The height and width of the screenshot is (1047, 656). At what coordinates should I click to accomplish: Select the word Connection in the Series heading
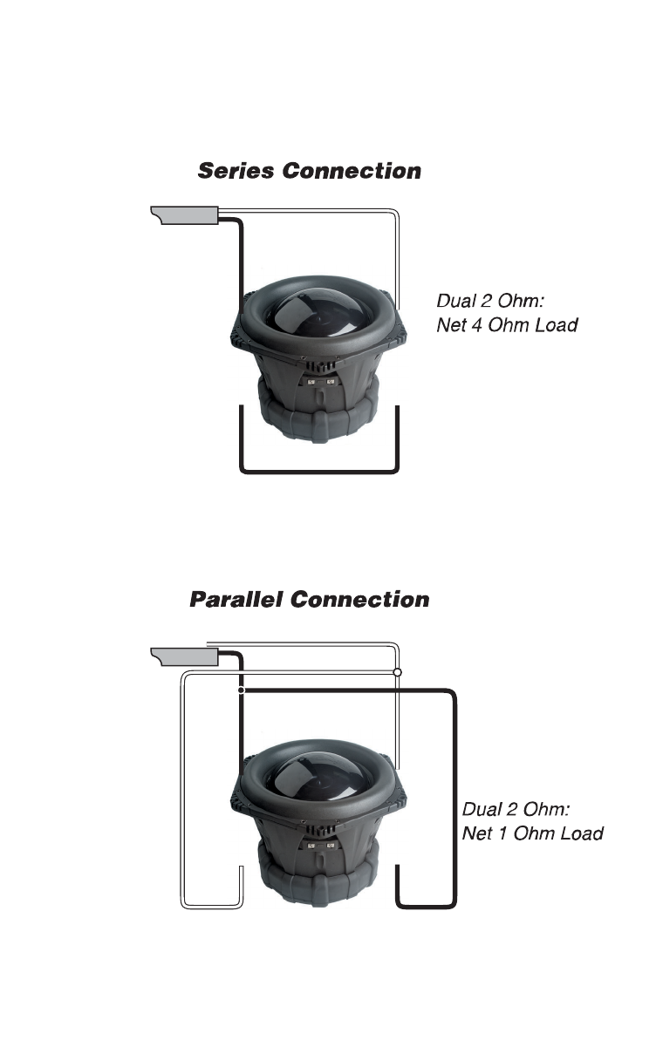point(352,171)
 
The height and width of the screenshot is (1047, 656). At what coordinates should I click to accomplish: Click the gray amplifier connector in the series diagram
point(185,214)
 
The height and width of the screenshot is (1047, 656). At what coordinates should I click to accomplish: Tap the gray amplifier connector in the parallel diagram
point(185,655)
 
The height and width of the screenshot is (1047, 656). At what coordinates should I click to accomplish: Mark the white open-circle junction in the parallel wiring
point(398,673)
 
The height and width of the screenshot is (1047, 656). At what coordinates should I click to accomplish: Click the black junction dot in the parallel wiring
point(240,690)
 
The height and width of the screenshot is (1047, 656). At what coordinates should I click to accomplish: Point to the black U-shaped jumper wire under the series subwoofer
point(318,472)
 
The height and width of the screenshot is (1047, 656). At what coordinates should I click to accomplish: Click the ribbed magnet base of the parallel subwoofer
point(318,880)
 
